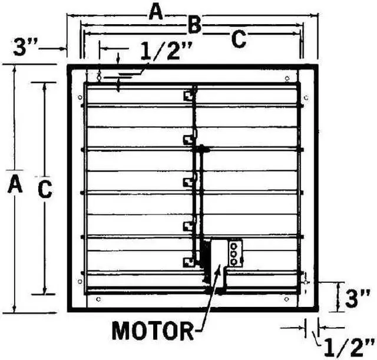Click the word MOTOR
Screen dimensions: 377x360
tap(153, 331)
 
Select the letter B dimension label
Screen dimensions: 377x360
tap(194, 25)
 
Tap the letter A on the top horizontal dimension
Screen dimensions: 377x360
tap(156, 13)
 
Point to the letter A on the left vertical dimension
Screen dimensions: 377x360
tap(15, 183)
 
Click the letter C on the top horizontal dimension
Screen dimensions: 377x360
tap(239, 39)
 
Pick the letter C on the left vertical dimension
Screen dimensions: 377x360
tap(45, 189)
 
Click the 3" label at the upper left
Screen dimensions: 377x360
tap(25, 48)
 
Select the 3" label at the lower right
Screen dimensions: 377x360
tap(358, 299)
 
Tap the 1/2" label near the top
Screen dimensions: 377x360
tap(166, 51)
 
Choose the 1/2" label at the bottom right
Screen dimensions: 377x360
tap(349, 348)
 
